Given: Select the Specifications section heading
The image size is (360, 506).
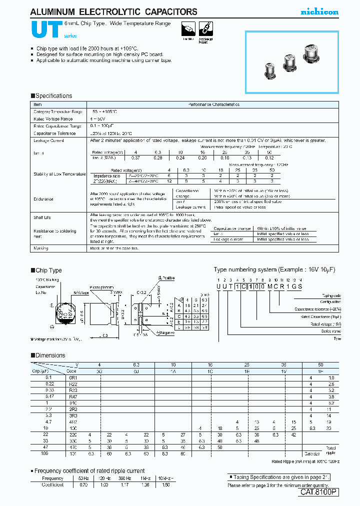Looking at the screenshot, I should pos(51,96).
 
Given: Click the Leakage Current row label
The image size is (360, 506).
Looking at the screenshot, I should pos(48,141).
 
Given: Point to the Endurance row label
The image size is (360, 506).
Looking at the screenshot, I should pos(43,198).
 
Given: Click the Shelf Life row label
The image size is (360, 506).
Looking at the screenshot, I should pos(42,217).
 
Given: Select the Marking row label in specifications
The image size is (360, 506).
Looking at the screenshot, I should pos(41,248).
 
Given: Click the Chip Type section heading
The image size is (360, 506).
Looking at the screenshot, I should pos(48,270).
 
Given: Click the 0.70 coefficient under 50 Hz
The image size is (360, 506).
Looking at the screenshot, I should pos(83,484).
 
